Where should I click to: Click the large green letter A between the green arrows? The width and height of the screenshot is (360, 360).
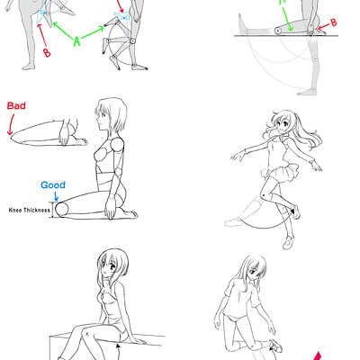pos(77,41)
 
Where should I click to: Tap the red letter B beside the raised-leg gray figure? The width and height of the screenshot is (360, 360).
pos(47,53)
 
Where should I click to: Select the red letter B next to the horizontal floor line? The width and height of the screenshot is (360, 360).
pos(333,22)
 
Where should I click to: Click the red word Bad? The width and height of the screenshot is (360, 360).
pos(16,105)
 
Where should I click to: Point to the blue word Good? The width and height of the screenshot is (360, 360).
pos(53,184)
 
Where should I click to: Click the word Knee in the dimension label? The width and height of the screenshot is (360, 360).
pos(14,210)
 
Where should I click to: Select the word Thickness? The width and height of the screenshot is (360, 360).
pos(36,210)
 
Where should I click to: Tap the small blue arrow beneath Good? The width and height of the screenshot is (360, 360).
pos(56,196)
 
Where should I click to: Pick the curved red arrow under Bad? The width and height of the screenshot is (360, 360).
pos(11,124)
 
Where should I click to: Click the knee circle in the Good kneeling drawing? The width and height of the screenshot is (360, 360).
pos(62,209)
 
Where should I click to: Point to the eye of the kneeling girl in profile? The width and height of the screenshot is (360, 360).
pos(103,114)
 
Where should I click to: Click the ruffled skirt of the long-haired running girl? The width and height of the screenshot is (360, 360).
pos(279,172)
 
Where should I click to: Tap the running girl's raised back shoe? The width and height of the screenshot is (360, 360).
pos(295,211)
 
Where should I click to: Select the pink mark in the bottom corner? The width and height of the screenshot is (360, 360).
pos(319,356)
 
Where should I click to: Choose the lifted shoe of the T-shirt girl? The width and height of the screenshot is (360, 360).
pos(275,346)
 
